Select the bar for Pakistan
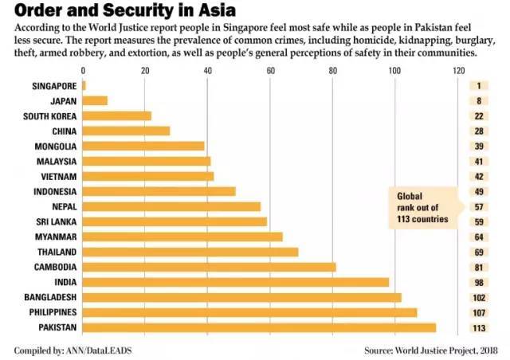click(x=259, y=327)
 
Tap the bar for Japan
click(x=95, y=101)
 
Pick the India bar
click(x=236, y=282)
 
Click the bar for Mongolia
click(x=143, y=147)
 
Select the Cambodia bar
click(x=209, y=267)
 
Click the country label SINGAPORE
click(x=55, y=86)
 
